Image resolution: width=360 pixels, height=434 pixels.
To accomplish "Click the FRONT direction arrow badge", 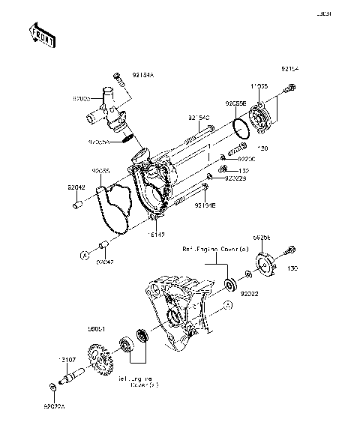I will click(x=42, y=34).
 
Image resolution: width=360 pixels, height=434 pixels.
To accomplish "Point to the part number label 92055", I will click(x=102, y=170).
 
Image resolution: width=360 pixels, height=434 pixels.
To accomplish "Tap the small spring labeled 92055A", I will click(x=128, y=136).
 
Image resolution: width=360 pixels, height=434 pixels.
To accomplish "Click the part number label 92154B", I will click(x=206, y=205).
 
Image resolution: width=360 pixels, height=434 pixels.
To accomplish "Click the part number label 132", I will click(x=244, y=171).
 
